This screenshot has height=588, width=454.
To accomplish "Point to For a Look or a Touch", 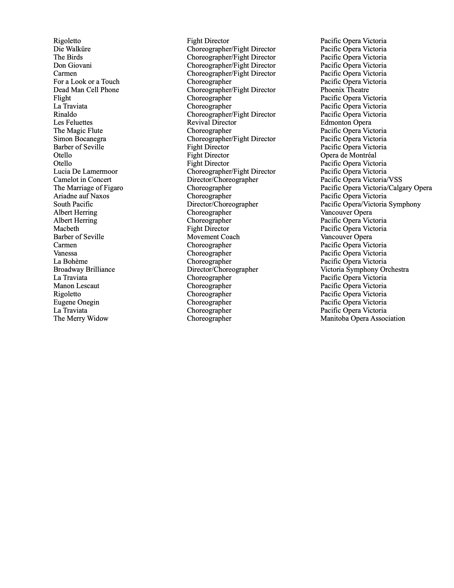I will [86, 82].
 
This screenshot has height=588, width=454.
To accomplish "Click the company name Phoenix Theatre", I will [345, 90].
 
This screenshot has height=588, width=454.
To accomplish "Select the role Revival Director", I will [211, 123].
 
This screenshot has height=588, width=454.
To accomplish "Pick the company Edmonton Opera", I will [346, 123].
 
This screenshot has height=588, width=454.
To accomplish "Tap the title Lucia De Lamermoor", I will [85, 171].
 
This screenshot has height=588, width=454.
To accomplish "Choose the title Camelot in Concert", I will [82, 180].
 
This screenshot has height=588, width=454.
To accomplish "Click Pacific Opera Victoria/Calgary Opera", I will [376, 188].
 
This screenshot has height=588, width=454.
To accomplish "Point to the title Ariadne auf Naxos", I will [81, 196].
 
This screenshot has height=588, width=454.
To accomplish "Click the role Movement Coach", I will [213, 237].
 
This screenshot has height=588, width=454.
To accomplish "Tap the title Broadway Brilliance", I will [84, 269].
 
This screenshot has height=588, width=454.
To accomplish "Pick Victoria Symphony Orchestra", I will [364, 269].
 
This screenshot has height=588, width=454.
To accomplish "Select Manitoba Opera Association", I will [362, 319].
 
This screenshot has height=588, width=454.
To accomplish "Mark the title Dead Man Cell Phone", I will [86, 90].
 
